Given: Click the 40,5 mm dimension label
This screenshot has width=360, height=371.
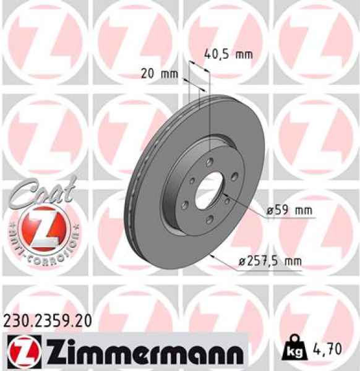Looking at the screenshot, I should pos(228,54).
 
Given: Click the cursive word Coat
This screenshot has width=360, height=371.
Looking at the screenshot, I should pos(41,189).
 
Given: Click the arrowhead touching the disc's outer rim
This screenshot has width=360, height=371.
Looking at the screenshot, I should pos(213,255).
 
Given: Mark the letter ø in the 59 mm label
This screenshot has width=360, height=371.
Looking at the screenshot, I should pos(270,211).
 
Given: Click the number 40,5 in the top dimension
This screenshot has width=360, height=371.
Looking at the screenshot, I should pos(218,54).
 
